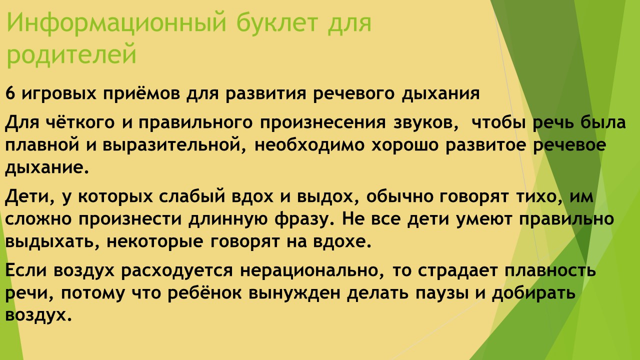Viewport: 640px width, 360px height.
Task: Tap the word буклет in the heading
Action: (x=277, y=23)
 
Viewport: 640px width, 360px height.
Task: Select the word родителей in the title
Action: (x=71, y=54)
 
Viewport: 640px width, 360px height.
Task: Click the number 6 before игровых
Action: (x=10, y=93)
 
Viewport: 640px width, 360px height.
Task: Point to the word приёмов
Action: (x=141, y=93)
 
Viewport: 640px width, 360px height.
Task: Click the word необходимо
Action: (x=309, y=144)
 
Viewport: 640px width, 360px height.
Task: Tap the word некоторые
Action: (x=154, y=242)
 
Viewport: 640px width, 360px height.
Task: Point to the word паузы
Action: (x=442, y=293)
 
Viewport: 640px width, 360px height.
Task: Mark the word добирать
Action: (x=533, y=293)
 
